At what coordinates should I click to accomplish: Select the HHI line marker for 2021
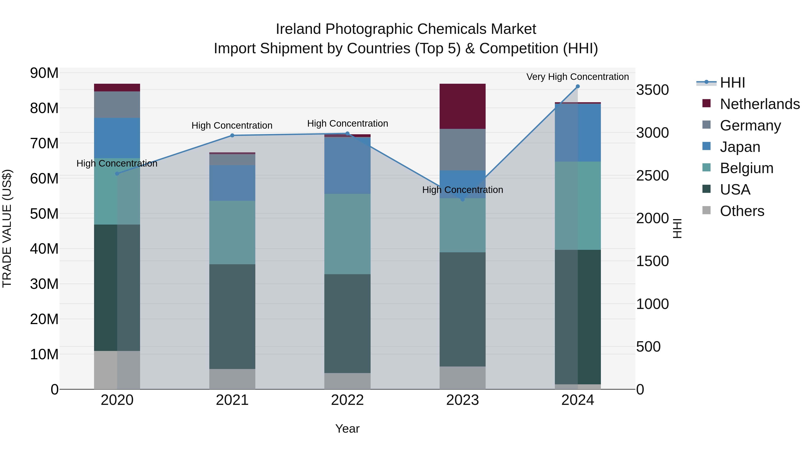[232, 135]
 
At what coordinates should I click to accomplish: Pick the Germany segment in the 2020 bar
[117, 105]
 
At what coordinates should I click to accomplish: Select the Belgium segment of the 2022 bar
[347, 234]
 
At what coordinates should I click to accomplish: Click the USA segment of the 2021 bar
[232, 316]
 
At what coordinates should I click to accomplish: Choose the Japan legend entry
[740, 147]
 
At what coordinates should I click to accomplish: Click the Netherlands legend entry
[760, 104]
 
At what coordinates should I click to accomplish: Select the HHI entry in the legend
[732, 83]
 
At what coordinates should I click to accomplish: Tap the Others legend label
[742, 211]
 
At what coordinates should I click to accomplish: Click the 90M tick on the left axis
[44, 73]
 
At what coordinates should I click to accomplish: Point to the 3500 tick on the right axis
[652, 90]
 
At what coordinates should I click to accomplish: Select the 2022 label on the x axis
[347, 400]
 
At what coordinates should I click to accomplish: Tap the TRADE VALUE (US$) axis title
[7, 228]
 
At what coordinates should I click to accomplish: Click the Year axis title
[347, 429]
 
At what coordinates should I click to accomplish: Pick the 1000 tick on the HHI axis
[652, 304]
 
